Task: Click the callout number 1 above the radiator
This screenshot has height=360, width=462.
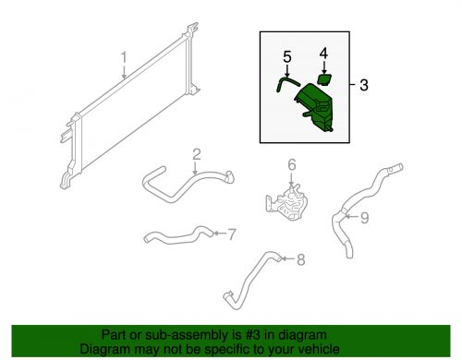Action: (124, 57)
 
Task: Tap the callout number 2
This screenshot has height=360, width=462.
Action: (197, 154)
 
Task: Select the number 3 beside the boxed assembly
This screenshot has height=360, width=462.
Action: (364, 85)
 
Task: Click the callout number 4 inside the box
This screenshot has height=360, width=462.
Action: (323, 54)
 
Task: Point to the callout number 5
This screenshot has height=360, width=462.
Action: (287, 57)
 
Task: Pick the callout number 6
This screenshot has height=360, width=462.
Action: (292, 165)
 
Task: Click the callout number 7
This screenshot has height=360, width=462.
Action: (232, 234)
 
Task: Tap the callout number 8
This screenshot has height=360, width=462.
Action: (300, 259)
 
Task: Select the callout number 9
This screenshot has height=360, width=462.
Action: (364, 218)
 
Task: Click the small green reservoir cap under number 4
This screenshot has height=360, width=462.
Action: (324, 79)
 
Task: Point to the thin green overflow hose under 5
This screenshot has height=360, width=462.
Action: (286, 83)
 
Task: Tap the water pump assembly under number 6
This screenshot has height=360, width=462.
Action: (288, 201)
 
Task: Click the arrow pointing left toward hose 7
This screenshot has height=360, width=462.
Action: (220, 234)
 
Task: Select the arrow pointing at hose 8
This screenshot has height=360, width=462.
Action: (289, 258)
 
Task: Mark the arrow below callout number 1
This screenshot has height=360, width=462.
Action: (124, 72)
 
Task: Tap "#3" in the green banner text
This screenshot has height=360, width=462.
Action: (250, 335)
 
